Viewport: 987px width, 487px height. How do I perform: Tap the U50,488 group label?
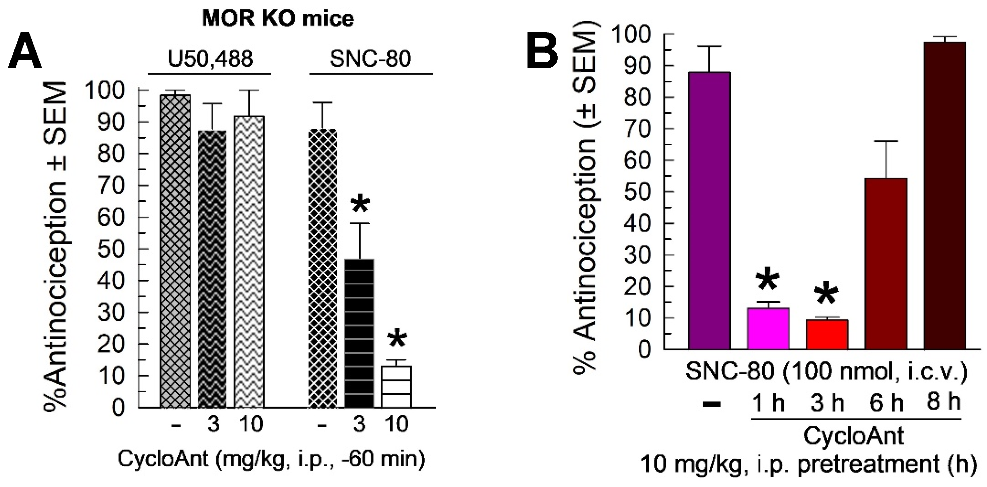[x=210, y=59]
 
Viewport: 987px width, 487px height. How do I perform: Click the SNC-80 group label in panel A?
[x=370, y=59]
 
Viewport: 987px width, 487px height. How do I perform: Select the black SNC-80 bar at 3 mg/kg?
[x=359, y=333]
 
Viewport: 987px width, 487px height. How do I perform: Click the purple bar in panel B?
[x=709, y=211]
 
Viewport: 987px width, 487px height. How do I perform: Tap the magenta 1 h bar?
[x=768, y=329]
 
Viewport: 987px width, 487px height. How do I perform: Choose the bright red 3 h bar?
[x=827, y=335]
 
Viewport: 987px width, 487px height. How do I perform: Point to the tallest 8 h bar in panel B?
[x=944, y=195]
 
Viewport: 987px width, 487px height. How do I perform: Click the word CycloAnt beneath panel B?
[x=854, y=436]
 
